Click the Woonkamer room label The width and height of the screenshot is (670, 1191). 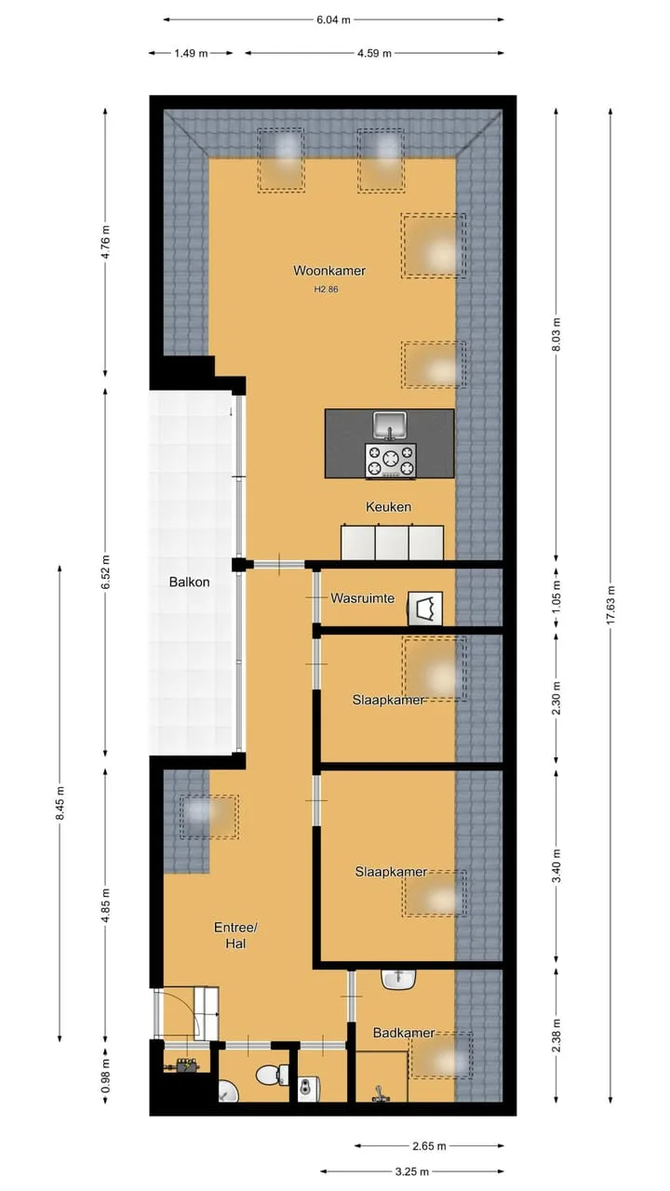329,271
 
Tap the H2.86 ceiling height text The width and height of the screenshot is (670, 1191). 326,289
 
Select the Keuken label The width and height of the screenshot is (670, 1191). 388,507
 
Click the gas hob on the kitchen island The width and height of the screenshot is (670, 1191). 391,461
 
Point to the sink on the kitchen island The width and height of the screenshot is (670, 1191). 389,425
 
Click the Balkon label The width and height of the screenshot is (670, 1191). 189,582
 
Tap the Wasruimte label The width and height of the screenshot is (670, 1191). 363,598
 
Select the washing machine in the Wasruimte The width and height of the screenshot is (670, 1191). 425,609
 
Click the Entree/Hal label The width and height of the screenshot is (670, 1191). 235,935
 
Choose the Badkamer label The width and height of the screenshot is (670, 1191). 404,1033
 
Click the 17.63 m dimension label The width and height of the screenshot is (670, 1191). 610,605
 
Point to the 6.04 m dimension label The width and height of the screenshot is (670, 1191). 333,20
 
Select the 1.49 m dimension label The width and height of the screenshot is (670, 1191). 191,53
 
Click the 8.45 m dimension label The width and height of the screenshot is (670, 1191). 60,803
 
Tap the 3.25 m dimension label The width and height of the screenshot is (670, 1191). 412,1171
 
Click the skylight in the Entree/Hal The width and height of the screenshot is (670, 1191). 209,817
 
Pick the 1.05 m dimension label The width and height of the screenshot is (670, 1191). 556,595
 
